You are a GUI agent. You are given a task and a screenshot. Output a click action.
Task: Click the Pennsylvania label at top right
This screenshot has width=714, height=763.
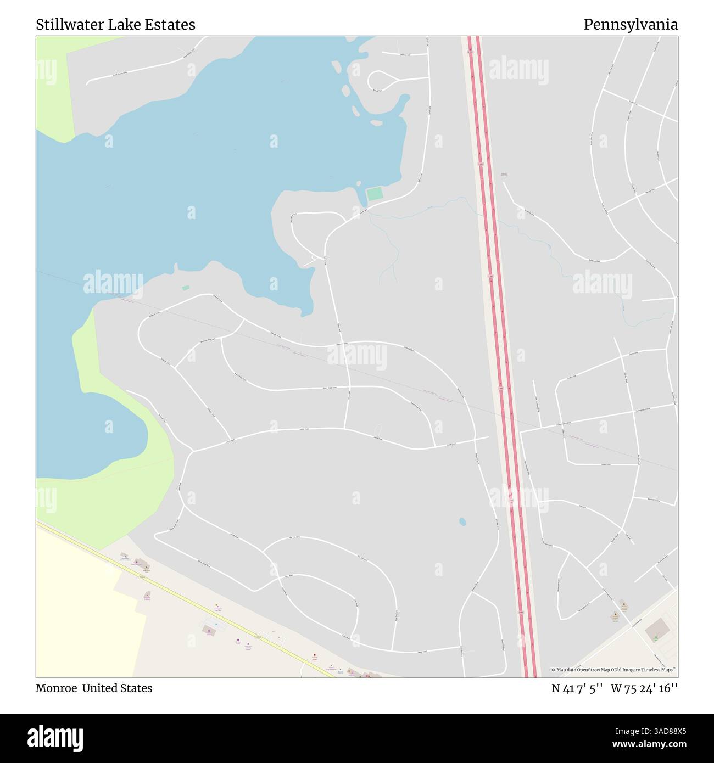coord(631,25)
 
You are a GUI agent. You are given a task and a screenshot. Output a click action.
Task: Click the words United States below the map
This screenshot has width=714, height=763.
coord(117,688)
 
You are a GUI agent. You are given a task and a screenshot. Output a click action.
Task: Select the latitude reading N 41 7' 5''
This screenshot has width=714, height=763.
coord(578,688)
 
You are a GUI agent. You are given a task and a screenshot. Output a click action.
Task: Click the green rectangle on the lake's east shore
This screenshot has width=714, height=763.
coord(374,194)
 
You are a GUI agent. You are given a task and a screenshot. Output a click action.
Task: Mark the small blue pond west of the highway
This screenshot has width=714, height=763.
coord(462,521)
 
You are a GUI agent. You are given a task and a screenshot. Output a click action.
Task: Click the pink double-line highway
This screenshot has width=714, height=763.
coord(500,357)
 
